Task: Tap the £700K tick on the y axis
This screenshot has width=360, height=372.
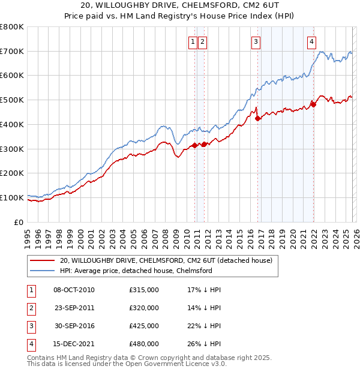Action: click(12, 51)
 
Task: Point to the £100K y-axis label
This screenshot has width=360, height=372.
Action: click(12, 197)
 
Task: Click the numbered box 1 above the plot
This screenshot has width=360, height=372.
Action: click(193, 41)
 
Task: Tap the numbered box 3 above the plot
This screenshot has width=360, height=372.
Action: click(256, 41)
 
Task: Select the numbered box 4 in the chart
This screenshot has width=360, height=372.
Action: click(312, 41)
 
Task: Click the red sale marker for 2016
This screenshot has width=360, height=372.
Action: click(258, 118)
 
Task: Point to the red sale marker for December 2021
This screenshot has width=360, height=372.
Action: click(313, 104)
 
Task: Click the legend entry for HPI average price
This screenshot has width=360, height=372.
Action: click(136, 271)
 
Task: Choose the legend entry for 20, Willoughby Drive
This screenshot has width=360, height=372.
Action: click(166, 260)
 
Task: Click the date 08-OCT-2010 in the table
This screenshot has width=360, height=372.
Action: click(74, 290)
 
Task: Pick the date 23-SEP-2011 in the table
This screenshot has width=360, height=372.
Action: click(74, 308)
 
